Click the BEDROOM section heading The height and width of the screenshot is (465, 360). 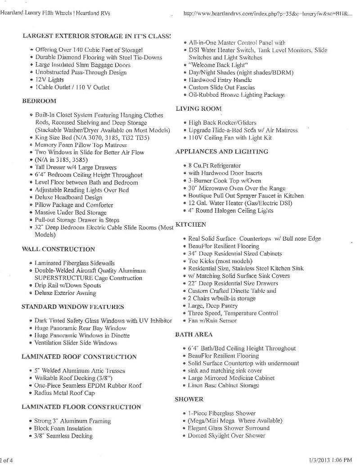[x=39, y=101]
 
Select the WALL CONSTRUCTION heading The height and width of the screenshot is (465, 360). [x=58, y=249]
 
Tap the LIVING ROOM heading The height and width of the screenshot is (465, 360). [x=198, y=108]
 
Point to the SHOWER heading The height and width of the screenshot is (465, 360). [x=189, y=399]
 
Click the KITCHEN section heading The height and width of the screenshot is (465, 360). [x=191, y=224]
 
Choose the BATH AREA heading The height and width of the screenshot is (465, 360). [x=193, y=335]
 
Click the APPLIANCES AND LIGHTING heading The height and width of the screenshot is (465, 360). [x=221, y=152]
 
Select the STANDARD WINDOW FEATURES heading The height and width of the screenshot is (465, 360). [x=72, y=307]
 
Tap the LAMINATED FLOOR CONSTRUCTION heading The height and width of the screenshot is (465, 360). [x=81, y=407]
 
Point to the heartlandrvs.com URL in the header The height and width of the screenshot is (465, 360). [x=268, y=14]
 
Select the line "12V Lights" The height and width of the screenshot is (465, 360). [x=49, y=80]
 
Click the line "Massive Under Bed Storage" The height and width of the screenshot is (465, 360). [x=71, y=212]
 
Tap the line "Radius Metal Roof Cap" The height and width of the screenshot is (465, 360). [x=65, y=393]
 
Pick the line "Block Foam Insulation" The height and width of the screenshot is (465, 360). [x=63, y=429]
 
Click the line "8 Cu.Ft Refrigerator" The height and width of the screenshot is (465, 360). [x=215, y=165]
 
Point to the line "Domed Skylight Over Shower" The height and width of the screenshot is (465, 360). [x=227, y=435]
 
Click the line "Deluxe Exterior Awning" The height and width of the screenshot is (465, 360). [x=65, y=293]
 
